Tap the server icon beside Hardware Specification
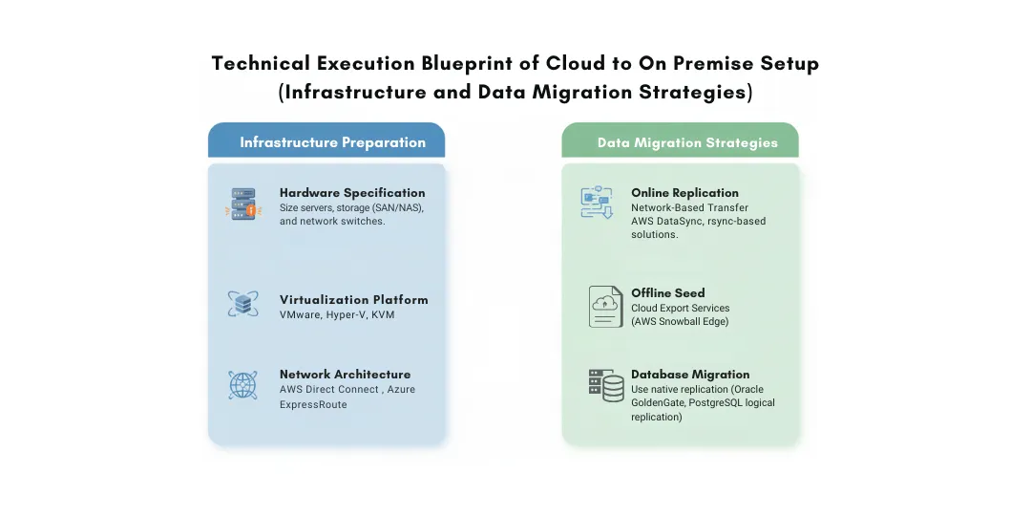click(x=242, y=204)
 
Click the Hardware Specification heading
click(x=352, y=193)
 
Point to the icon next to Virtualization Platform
click(x=242, y=304)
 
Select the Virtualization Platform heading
click(x=353, y=299)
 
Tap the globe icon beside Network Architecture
click(x=242, y=384)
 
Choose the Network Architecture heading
click(x=345, y=375)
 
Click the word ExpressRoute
click(x=313, y=404)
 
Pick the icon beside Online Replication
click(x=597, y=203)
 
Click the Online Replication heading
click(x=684, y=193)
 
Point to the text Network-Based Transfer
click(x=689, y=207)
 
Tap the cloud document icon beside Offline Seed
click(x=605, y=306)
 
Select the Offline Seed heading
click(x=668, y=293)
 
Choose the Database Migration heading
click(x=690, y=375)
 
